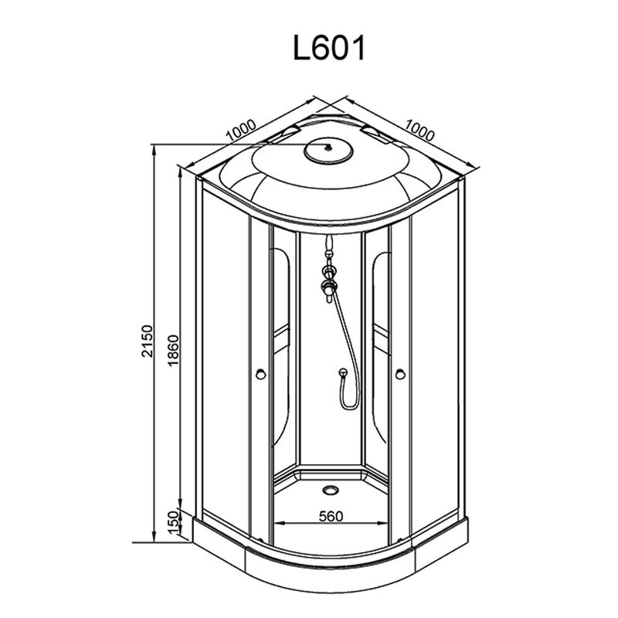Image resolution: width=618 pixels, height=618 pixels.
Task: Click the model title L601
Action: [330, 48]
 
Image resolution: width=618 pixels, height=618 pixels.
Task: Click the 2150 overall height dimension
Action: [147, 341]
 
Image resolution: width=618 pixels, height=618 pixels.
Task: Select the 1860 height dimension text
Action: [173, 351]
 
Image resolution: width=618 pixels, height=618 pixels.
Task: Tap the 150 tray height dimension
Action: [173, 523]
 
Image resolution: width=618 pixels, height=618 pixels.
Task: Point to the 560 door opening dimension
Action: [331, 516]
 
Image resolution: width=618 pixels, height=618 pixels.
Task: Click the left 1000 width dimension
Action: [242, 130]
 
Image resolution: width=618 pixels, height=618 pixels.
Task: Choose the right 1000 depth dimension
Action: [419, 130]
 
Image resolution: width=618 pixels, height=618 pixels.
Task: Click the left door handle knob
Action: [260, 374]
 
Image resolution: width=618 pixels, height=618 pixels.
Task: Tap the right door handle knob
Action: [400, 374]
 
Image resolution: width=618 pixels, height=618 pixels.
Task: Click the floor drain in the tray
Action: [330, 490]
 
